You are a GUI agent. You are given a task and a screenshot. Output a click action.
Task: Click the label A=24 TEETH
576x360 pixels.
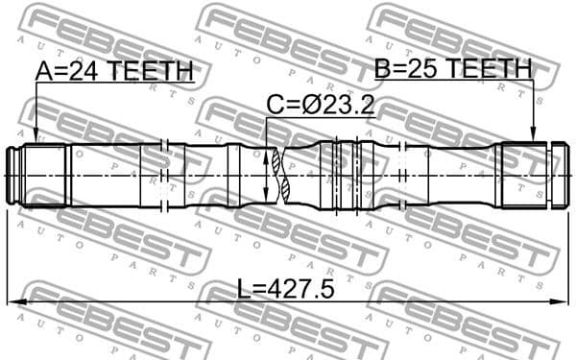coord(114,71)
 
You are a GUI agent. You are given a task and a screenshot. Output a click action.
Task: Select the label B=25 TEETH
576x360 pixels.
coord(452,68)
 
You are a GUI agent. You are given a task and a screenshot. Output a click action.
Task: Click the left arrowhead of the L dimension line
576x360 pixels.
coord(12,302)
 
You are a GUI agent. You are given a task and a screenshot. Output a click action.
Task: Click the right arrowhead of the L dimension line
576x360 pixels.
coord(564,302)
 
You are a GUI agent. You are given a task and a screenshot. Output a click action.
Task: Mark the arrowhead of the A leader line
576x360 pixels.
coord(35,139)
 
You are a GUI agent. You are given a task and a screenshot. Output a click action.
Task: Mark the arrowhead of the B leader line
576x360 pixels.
coord(534,139)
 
